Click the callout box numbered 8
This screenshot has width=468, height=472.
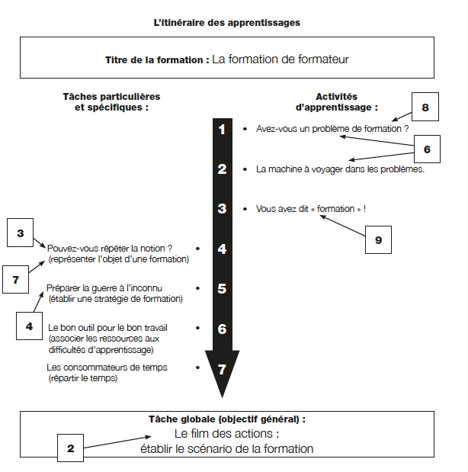point(425,107)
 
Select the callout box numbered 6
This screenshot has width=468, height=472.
point(427,149)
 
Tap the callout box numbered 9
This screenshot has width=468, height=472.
point(378,240)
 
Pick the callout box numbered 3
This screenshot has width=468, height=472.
point(20,233)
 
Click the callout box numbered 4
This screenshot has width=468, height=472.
point(29,326)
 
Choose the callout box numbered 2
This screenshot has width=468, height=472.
point(70,448)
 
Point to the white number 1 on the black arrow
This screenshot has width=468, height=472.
point(222,130)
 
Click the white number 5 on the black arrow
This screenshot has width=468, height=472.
point(222,288)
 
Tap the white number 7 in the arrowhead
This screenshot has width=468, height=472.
point(222,369)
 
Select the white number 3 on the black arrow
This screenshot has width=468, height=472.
point(222,209)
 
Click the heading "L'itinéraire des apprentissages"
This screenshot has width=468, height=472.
point(227,23)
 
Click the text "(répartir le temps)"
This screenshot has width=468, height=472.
point(83,378)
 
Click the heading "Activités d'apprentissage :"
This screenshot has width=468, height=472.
point(336,101)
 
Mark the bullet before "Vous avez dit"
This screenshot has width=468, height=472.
point(245,209)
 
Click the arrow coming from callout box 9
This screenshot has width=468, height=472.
point(342,225)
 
